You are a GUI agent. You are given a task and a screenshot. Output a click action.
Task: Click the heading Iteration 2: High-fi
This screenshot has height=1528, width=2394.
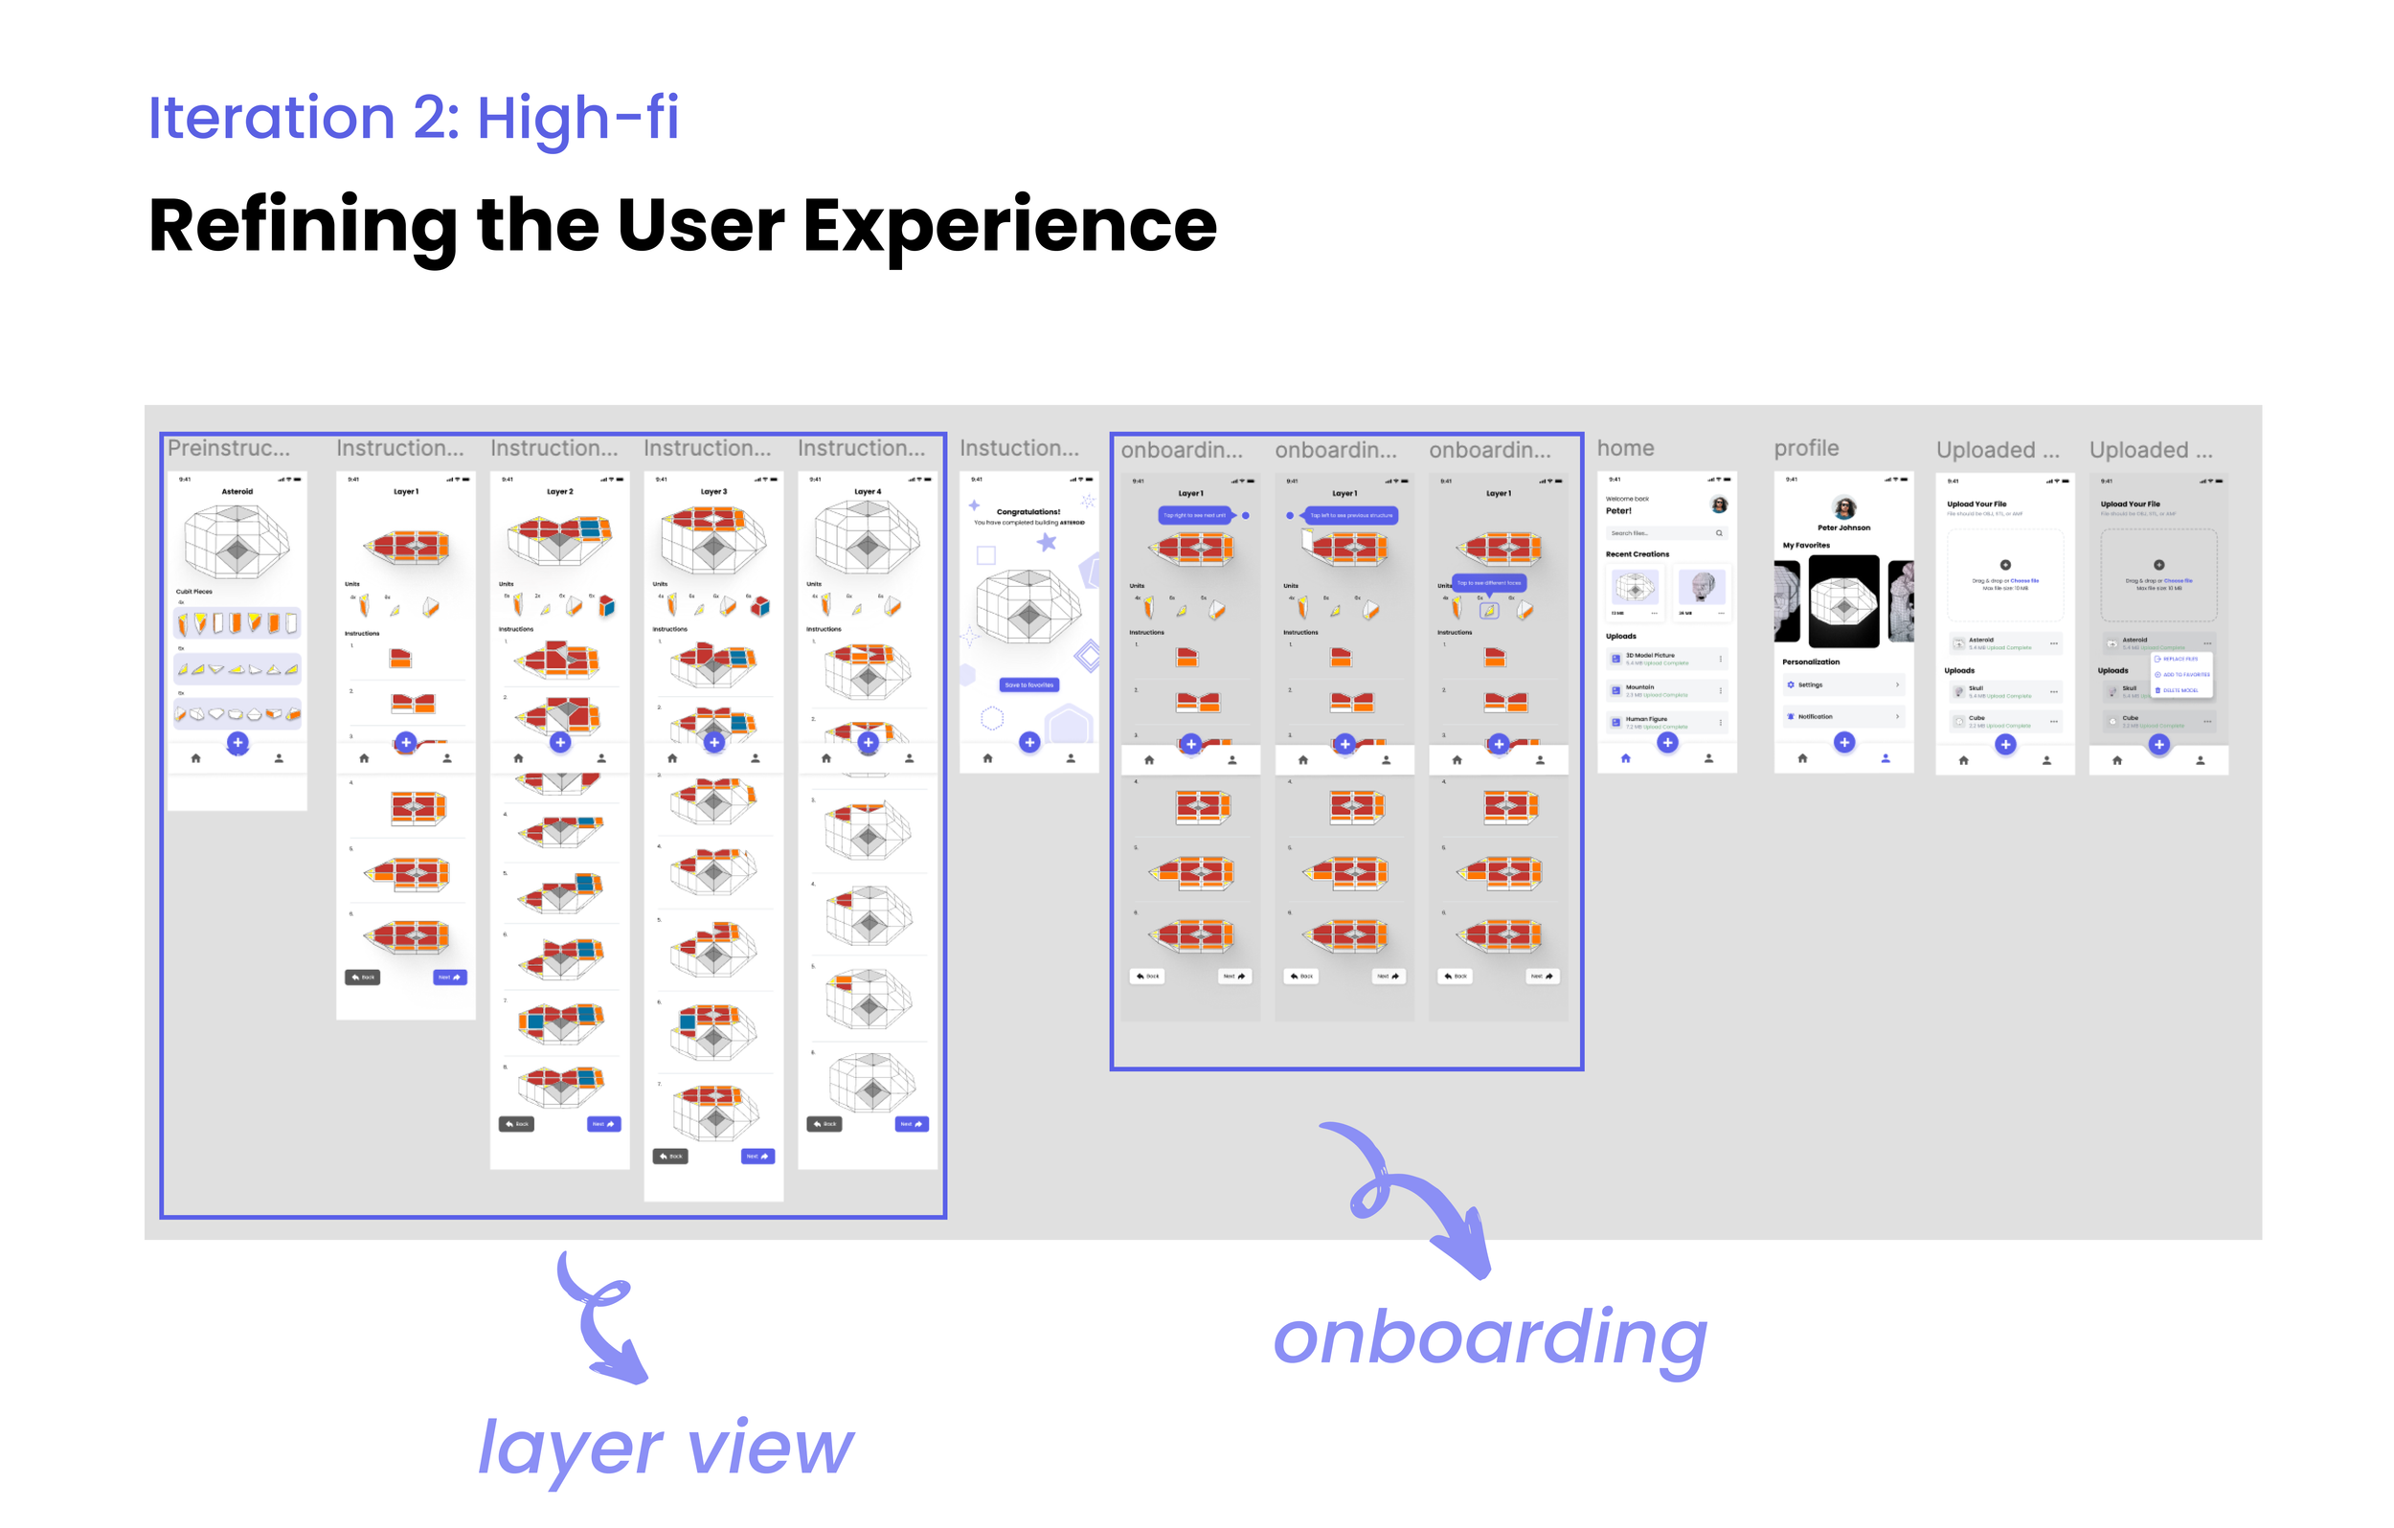coord(413,118)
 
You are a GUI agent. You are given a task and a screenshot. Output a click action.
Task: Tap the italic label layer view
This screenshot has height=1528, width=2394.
coord(665,1448)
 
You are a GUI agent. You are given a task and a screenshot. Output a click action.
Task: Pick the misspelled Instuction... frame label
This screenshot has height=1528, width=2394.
coord(1019,448)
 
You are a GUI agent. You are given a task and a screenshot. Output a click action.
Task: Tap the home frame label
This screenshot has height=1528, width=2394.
coord(1624,448)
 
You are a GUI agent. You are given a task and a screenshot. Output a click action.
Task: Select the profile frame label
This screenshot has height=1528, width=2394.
coord(1805,448)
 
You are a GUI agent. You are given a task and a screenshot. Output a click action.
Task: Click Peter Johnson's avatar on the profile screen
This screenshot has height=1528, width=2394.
coord(1844,508)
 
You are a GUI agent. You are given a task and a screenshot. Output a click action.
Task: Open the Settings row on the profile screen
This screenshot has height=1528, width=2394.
coord(1842,685)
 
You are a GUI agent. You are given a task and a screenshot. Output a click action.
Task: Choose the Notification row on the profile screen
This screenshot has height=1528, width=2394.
coord(1842,716)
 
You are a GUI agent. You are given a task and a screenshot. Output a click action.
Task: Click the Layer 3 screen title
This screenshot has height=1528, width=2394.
coord(712,491)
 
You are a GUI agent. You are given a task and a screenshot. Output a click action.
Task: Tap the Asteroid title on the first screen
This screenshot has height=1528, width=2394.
coord(237,491)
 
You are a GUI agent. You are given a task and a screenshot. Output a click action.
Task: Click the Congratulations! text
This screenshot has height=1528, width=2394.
coord(1028,512)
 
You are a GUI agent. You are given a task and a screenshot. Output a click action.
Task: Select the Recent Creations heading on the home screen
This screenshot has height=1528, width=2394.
coord(1637,553)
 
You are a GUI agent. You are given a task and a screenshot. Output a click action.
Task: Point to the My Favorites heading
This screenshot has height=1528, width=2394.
coord(1805,545)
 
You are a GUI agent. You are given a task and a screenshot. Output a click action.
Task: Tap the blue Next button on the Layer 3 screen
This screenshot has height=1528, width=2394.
coord(757,1157)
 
